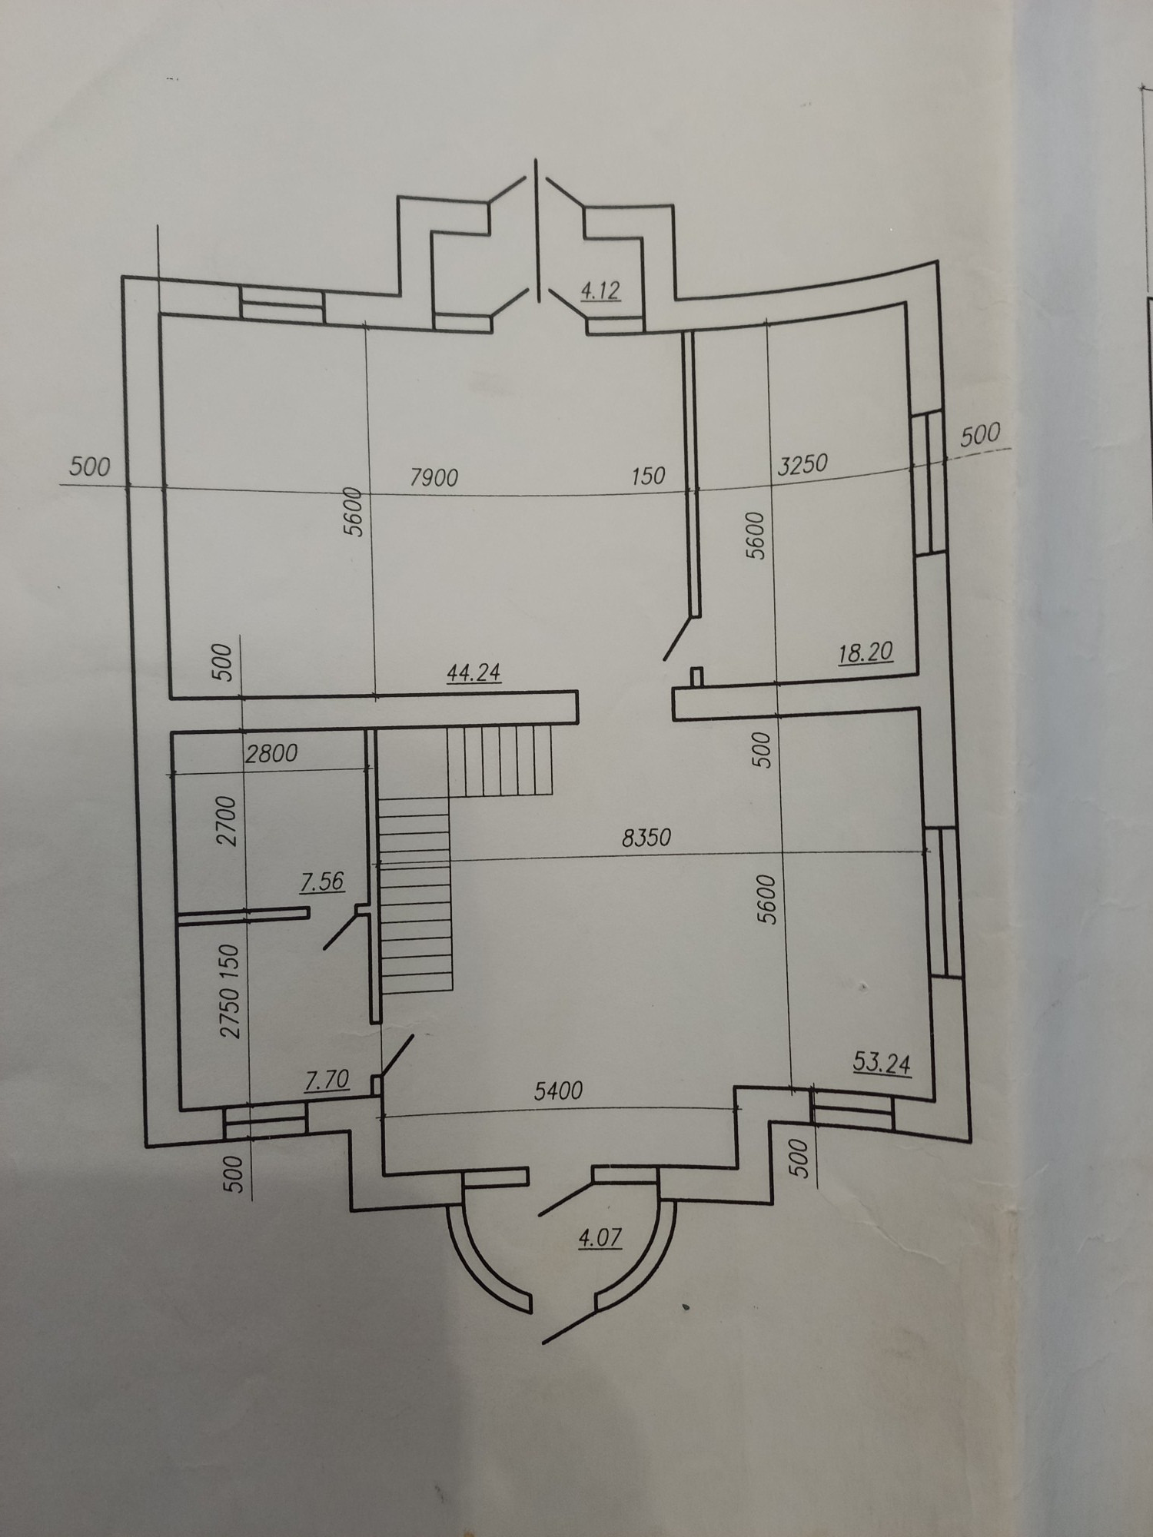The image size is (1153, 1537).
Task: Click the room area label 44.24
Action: point(473,672)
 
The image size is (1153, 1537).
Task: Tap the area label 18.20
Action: point(867,652)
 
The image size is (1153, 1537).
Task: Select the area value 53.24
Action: point(882,1064)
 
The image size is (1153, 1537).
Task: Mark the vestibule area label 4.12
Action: point(600,292)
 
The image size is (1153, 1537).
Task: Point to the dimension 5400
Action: point(558,1090)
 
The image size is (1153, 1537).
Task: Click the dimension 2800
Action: point(271,753)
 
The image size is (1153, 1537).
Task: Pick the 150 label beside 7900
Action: point(648,476)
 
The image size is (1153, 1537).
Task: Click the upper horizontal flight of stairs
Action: point(500,762)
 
